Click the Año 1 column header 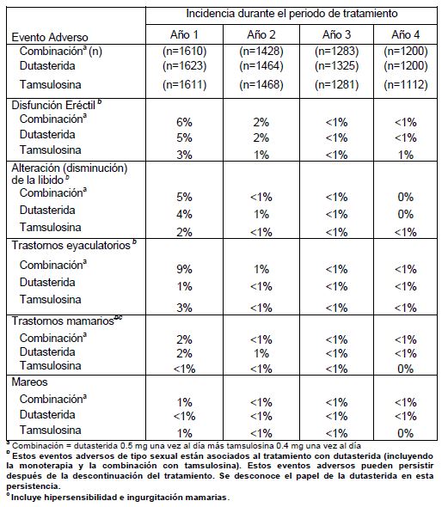coord(184,34)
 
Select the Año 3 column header coord(336,34)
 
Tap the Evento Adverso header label coord(50,37)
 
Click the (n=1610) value coord(184,51)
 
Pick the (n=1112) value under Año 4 coord(406,85)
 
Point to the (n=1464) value coord(261,66)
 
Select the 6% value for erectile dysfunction coord(184,123)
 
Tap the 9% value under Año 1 coord(184,269)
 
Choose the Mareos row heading coord(29,382)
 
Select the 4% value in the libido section coord(184,214)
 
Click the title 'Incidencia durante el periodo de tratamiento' coord(292,14)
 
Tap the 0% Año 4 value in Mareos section coord(406,433)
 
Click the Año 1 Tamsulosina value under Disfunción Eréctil coord(184,155)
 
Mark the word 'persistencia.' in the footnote coord(33,486)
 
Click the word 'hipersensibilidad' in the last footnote coord(81,497)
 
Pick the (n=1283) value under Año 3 coord(336,51)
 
